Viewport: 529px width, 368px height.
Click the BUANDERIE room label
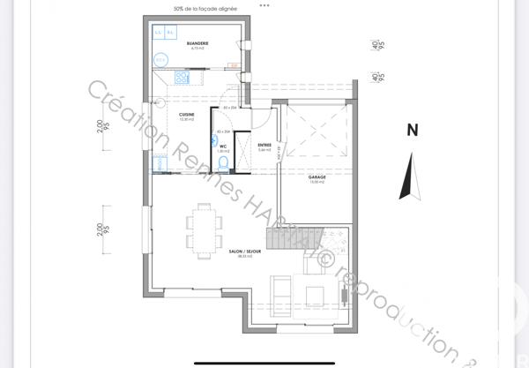pyautogui.click(x=184, y=43)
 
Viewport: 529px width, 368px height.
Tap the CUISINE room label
pyautogui.click(x=186, y=115)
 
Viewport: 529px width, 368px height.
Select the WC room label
pyautogui.click(x=223, y=146)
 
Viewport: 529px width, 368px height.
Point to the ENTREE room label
pyautogui.click(x=264, y=145)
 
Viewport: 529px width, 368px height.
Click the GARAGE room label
pyautogui.click(x=317, y=176)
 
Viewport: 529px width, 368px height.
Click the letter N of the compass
pyautogui.click(x=411, y=130)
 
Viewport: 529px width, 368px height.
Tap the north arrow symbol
pyautogui.click(x=408, y=176)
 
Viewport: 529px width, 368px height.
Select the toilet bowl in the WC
pyautogui.click(x=222, y=161)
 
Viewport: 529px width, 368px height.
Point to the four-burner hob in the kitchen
pyautogui.click(x=183, y=78)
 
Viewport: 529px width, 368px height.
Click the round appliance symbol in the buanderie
pyautogui.click(x=160, y=59)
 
